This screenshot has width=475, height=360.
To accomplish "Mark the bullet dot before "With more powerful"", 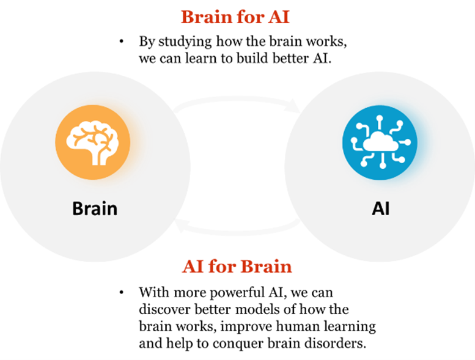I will coord(122,291).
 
